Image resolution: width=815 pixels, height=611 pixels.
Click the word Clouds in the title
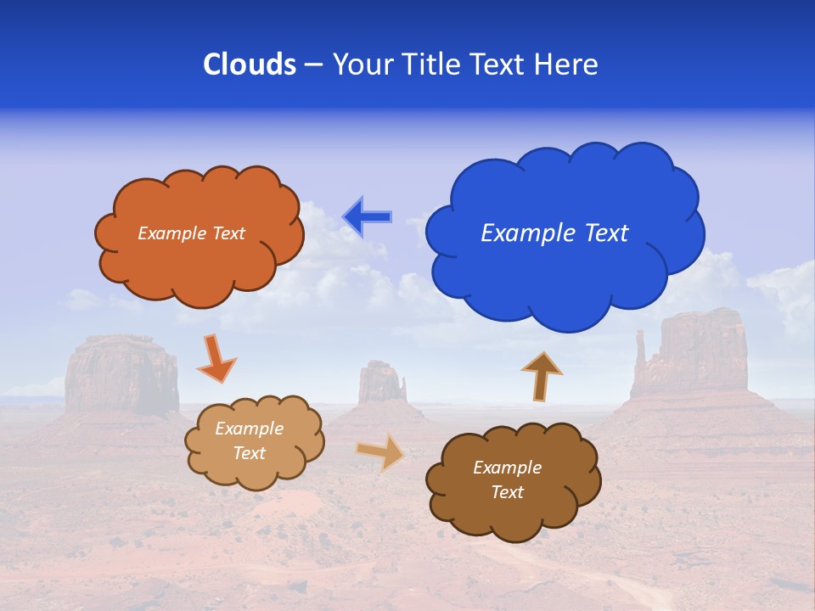pos(249,64)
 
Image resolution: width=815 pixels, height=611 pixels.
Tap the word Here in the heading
pos(567,64)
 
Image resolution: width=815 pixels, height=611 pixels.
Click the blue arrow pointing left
pos(367,216)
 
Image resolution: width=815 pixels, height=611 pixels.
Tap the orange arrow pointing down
pos(216,358)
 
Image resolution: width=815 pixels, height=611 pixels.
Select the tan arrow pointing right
pos(381,451)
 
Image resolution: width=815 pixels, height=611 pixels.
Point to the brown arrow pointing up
pos(542,376)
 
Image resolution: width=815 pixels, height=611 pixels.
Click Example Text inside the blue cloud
pos(554,233)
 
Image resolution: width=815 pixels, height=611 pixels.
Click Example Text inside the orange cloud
pos(191,233)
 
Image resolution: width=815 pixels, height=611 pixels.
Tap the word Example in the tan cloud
pos(249,429)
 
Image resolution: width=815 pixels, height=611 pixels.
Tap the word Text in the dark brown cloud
pos(507,492)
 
